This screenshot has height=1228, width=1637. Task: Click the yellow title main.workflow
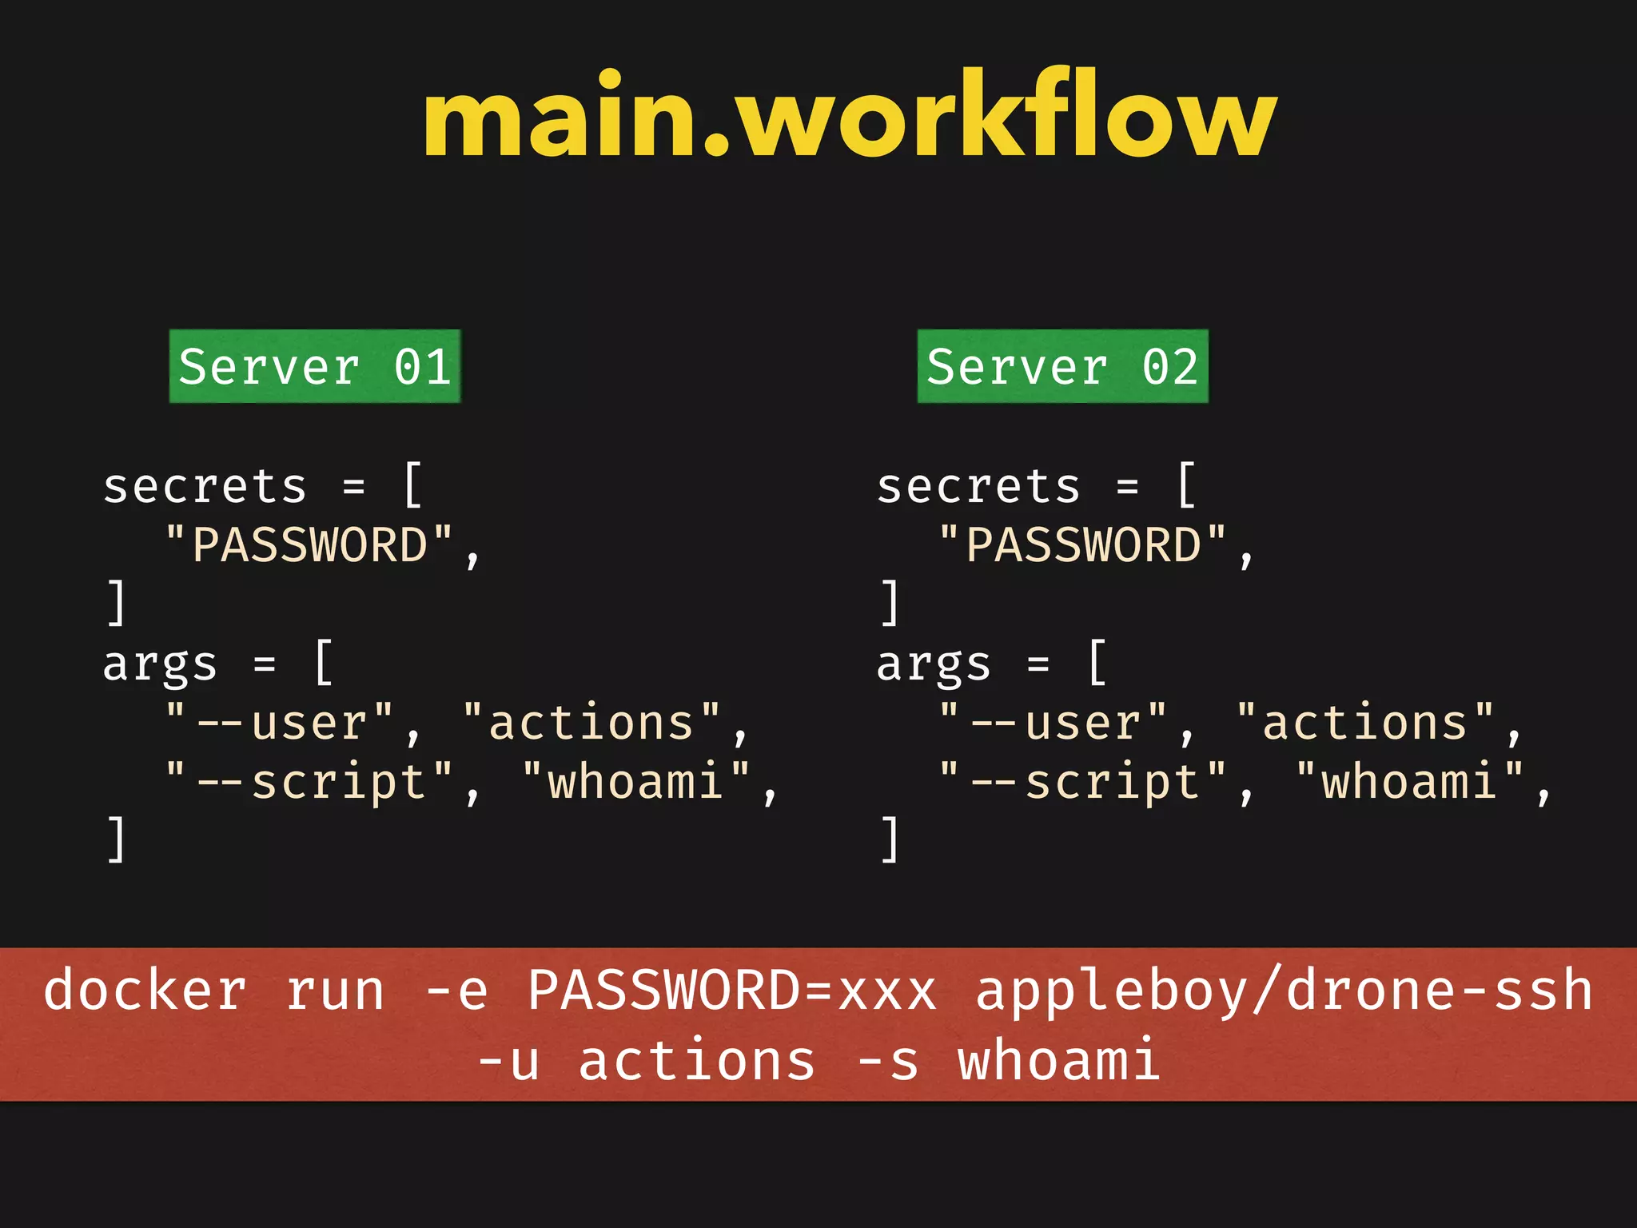(850, 117)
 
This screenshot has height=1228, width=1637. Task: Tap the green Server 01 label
(315, 366)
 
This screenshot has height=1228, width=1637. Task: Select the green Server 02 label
(1062, 366)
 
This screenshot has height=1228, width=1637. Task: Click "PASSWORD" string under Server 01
(309, 545)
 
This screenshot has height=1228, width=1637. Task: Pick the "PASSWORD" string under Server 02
(1083, 545)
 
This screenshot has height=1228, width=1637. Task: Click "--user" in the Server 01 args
(280, 723)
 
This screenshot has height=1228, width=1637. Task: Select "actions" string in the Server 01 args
(591, 723)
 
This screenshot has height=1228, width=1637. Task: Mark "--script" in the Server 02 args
(1083, 781)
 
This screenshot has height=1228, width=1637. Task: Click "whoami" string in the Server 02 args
(1410, 781)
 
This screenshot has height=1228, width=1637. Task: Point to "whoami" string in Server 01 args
(636, 781)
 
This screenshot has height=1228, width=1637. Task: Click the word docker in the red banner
(145, 991)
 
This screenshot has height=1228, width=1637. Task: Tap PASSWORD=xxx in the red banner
(731, 991)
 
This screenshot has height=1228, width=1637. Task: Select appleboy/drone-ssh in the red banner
(1285, 991)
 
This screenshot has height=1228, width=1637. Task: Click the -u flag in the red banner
(508, 1061)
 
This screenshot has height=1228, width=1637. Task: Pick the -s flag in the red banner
(887, 1061)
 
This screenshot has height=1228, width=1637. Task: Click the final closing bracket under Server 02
(890, 839)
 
